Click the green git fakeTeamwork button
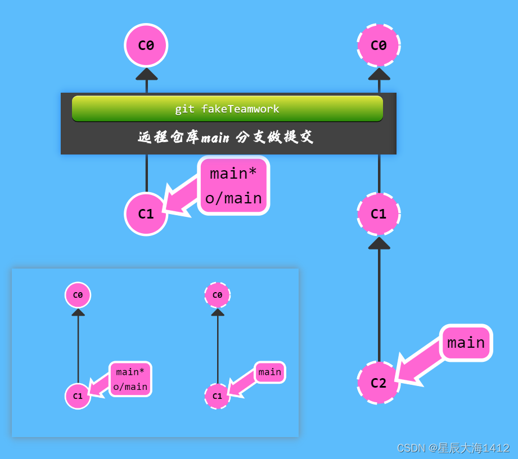[227, 108]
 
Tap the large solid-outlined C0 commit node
[146, 46]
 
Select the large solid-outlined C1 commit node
[146, 213]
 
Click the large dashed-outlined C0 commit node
[379, 46]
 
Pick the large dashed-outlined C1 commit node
[379, 213]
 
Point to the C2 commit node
[379, 383]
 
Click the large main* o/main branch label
[233, 185]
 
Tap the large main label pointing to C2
[466, 343]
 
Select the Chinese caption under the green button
[226, 137]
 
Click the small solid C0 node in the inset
[78, 295]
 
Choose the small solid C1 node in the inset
[78, 396]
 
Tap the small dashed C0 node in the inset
[217, 295]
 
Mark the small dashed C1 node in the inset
[217, 396]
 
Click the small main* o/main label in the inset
[130, 379]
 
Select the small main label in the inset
[269, 372]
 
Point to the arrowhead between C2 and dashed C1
[379, 243]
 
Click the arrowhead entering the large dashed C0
[379, 74]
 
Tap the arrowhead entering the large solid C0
[146, 74]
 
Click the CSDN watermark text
[453, 448]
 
